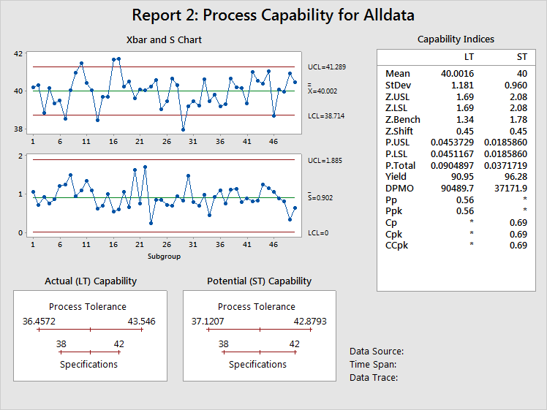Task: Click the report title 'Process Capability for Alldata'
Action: [x=309, y=15]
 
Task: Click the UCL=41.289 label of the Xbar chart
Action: [x=327, y=67]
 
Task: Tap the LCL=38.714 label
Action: [x=326, y=116]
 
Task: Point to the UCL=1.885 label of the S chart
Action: [x=325, y=161]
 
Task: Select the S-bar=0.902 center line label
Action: [x=320, y=197]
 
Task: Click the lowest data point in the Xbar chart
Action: [x=183, y=129]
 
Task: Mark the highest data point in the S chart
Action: [x=145, y=167]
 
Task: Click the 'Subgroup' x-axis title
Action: [x=164, y=257]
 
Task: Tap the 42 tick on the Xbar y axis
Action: [x=18, y=53]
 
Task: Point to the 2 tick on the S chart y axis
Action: [x=20, y=156]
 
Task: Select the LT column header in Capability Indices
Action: [x=469, y=57]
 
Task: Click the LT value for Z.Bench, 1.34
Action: [x=465, y=120]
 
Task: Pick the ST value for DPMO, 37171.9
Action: [x=510, y=189]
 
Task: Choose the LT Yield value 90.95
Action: [x=463, y=177]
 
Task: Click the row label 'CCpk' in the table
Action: [x=396, y=246]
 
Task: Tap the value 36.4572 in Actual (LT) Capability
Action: [x=39, y=321]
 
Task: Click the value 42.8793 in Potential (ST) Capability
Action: [x=310, y=321]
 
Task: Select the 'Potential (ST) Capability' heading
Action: [x=259, y=281]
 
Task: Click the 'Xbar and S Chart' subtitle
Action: [x=164, y=39]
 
